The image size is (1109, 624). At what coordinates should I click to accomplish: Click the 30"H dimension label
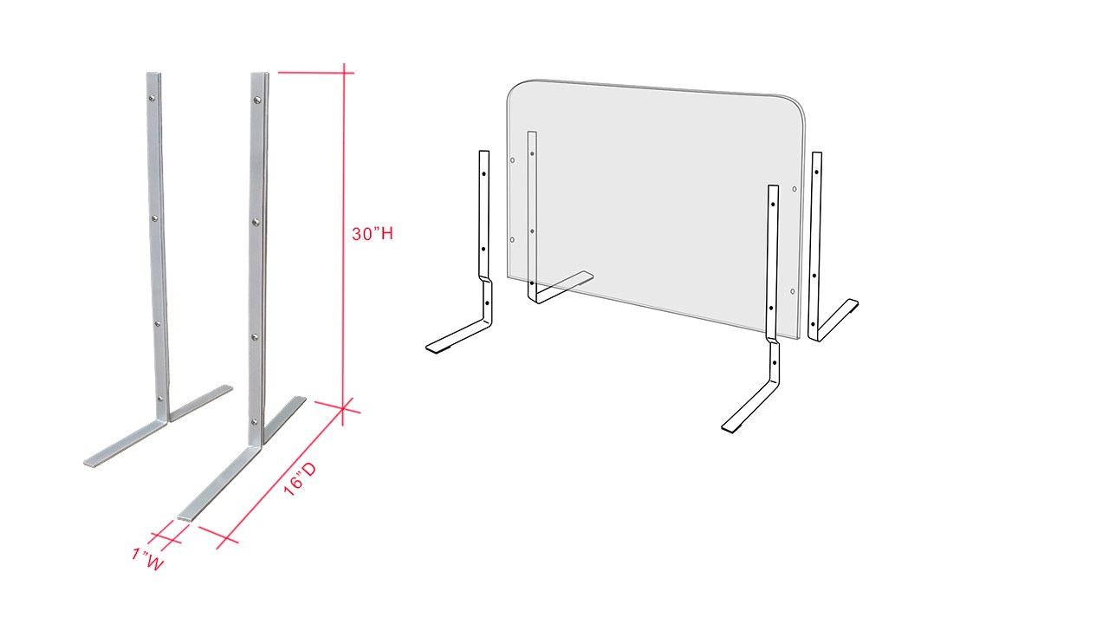[373, 234]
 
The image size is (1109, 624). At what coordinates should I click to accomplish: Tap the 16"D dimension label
[300, 479]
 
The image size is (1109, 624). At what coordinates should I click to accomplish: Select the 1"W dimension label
[147, 559]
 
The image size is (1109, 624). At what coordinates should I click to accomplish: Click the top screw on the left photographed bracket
[152, 98]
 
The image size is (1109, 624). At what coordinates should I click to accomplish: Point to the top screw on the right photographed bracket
[257, 101]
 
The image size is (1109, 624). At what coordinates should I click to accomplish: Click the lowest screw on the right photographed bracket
[255, 422]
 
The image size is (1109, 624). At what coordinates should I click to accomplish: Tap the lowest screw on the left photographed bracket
[159, 398]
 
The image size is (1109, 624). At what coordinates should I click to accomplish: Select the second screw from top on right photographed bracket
[256, 222]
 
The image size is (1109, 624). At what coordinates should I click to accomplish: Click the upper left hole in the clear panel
[512, 160]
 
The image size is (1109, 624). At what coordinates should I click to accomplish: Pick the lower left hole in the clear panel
[512, 240]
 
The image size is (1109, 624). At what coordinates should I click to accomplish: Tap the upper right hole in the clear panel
[794, 189]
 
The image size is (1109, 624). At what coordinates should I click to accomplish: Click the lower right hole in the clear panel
[793, 292]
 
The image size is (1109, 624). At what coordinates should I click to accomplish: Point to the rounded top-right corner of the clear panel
[797, 103]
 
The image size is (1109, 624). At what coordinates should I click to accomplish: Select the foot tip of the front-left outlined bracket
[431, 349]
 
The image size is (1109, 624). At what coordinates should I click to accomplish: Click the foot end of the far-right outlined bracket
[854, 303]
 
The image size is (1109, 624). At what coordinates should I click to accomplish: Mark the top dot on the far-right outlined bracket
[816, 172]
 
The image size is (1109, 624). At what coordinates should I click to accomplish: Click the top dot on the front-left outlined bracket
[483, 174]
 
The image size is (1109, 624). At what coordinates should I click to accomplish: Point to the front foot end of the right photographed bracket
[185, 517]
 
